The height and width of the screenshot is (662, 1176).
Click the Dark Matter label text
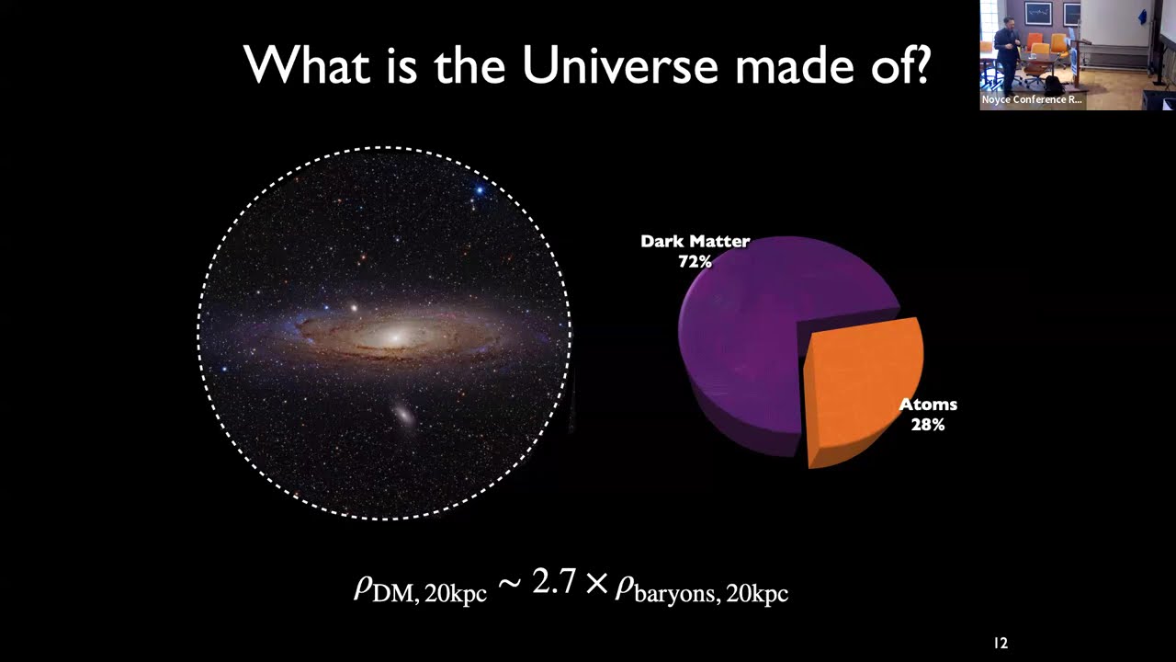(x=695, y=242)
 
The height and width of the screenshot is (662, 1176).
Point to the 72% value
(x=695, y=262)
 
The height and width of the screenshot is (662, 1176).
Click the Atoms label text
(x=927, y=405)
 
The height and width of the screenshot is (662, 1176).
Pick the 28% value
(x=927, y=425)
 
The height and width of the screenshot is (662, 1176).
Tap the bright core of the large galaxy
(x=395, y=337)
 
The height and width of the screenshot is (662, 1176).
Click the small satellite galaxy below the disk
(x=404, y=416)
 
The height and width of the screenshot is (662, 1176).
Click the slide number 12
(x=1001, y=644)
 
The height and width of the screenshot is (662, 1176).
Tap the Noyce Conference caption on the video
(x=1032, y=99)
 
